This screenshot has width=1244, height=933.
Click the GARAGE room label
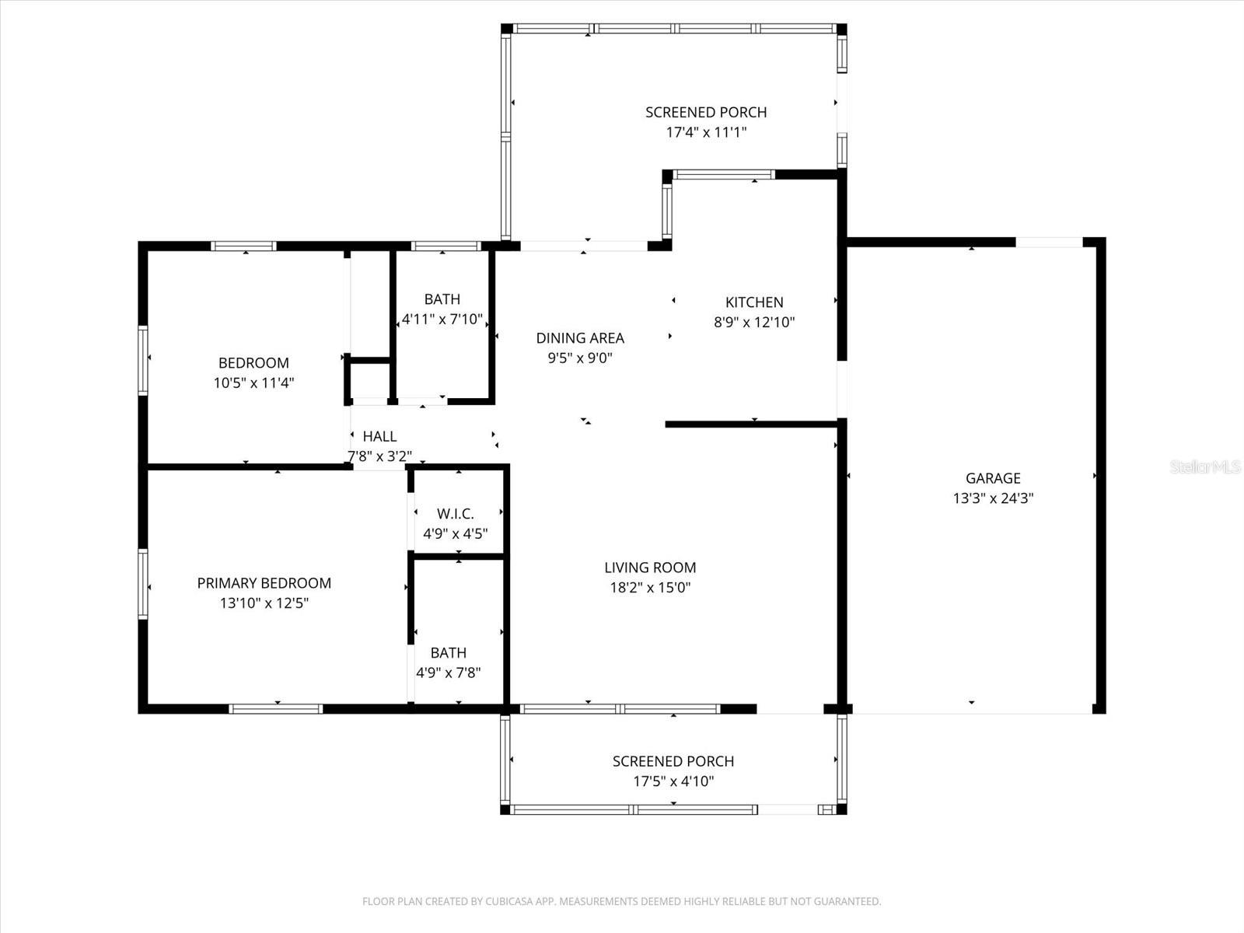(993, 479)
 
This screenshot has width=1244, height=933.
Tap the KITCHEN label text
(754, 302)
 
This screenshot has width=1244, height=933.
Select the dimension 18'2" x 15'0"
(650, 588)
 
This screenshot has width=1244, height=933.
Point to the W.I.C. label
(456, 514)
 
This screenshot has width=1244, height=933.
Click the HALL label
(379, 437)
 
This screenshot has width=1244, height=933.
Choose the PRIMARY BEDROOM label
(264, 583)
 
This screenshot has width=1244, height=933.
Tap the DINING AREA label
(580, 338)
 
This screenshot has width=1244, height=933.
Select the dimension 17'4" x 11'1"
(706, 132)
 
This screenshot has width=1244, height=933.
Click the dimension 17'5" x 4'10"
(673, 781)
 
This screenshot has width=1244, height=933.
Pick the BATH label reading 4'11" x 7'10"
(442, 299)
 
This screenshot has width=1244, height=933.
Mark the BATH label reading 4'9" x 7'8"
(449, 653)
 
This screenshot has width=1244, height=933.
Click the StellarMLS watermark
(1205, 467)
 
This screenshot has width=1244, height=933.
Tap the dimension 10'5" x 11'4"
(253, 383)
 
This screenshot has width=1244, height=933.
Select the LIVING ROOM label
(650, 568)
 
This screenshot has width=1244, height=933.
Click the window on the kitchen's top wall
(723, 175)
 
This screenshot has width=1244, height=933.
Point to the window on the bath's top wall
(445, 246)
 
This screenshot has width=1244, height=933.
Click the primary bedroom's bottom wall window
(276, 708)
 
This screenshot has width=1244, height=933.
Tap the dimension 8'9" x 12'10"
(754, 323)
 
